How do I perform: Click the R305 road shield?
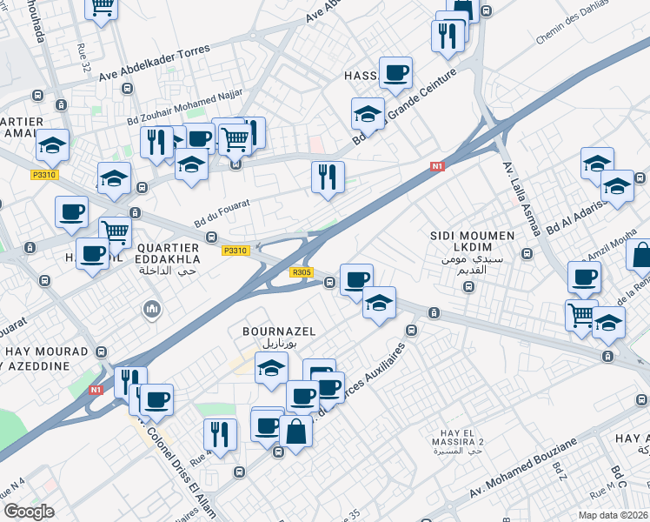pos(302,272)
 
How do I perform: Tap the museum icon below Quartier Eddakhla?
pos(153,309)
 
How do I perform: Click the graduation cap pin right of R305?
pos(379,303)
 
